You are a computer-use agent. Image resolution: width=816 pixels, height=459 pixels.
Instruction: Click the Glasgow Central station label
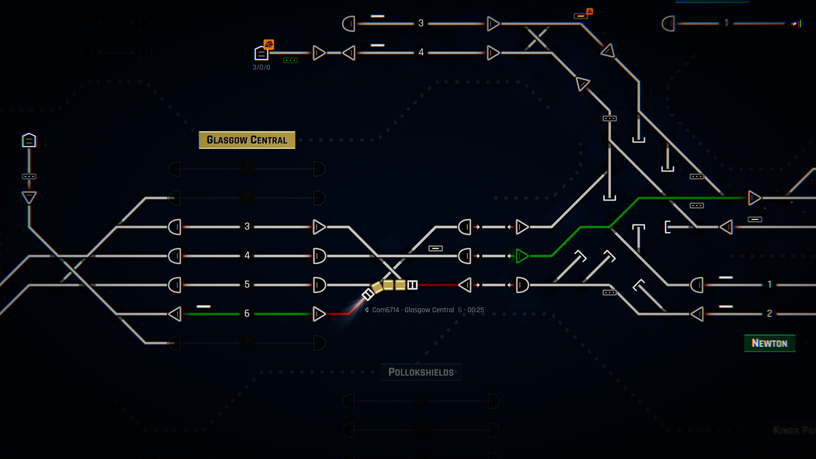(x=247, y=140)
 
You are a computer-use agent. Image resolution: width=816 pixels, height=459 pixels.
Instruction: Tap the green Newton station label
(x=769, y=343)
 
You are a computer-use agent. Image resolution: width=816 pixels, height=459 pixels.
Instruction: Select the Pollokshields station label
(x=421, y=372)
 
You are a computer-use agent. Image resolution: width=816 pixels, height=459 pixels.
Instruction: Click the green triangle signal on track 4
(x=521, y=256)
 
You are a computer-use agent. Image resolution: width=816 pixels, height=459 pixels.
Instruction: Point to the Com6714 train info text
(x=428, y=310)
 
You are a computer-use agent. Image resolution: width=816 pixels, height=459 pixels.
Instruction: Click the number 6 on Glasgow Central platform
(x=247, y=314)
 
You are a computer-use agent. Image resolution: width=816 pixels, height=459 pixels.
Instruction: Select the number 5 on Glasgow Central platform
(x=247, y=284)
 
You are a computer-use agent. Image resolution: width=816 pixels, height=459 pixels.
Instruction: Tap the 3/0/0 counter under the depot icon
(x=261, y=67)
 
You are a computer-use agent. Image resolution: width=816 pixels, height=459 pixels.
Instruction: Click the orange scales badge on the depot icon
(x=269, y=44)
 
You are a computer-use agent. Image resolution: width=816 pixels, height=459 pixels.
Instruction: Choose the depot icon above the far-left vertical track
(x=29, y=140)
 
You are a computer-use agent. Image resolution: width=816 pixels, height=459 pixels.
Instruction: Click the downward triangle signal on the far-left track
(x=29, y=197)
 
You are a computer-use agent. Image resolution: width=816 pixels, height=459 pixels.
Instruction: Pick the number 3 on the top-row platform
(x=421, y=23)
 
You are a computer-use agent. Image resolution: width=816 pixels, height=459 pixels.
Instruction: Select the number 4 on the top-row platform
(x=421, y=52)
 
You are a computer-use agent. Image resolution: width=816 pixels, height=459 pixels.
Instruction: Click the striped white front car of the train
(x=368, y=294)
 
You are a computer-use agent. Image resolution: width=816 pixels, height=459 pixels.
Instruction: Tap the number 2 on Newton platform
(x=769, y=314)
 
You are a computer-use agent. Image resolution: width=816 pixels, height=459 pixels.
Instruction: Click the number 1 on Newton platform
(x=769, y=284)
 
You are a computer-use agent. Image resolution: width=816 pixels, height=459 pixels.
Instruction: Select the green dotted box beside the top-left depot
(x=290, y=60)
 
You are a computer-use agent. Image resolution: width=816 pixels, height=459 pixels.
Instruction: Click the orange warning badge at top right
(x=589, y=11)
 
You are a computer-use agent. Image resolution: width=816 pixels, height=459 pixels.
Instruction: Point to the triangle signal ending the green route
(x=754, y=198)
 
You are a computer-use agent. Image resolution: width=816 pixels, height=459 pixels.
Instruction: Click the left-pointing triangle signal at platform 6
(x=175, y=314)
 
